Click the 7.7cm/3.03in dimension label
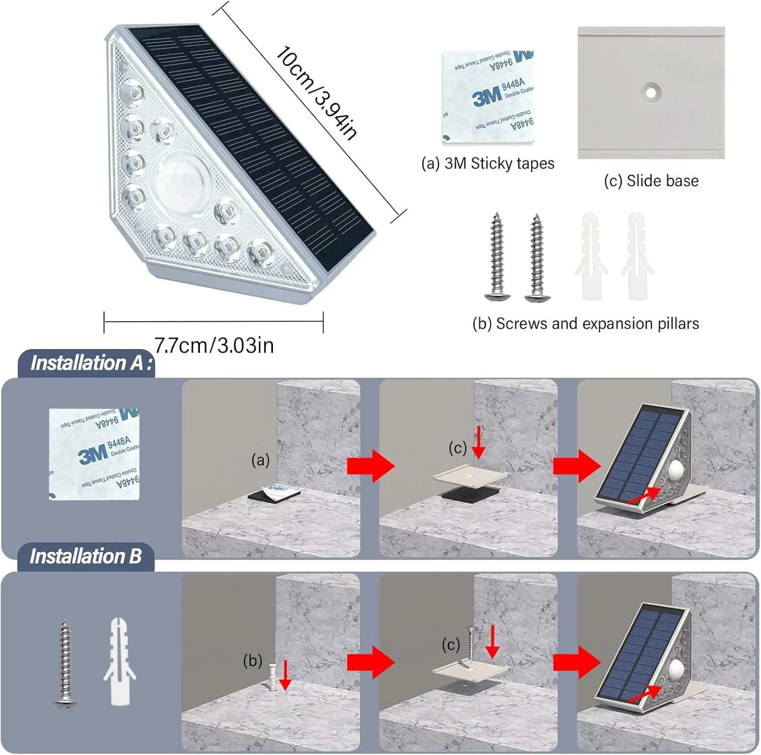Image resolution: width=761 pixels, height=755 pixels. [x=214, y=346]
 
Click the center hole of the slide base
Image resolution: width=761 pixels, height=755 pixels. [x=650, y=92]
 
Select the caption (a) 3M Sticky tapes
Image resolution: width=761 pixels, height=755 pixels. [x=488, y=163]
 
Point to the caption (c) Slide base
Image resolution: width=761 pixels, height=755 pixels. [x=651, y=181]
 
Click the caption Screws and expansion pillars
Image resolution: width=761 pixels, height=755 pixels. [x=585, y=324]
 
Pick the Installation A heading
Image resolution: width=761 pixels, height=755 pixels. [x=90, y=363]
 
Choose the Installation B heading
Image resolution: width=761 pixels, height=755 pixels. [x=85, y=557]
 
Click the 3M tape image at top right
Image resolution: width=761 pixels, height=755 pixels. [x=489, y=96]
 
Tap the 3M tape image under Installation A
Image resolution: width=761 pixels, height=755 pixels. [x=94, y=454]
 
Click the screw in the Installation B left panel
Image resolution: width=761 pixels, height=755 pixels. [x=65, y=663]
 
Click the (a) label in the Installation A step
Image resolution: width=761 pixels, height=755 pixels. [x=260, y=460]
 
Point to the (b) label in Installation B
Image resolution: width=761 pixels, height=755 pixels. [x=253, y=661]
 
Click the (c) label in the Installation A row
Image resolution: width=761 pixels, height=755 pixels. [x=457, y=448]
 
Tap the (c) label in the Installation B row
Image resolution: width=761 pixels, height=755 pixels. [x=451, y=645]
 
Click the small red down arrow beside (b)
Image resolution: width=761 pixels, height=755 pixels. [x=285, y=675]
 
